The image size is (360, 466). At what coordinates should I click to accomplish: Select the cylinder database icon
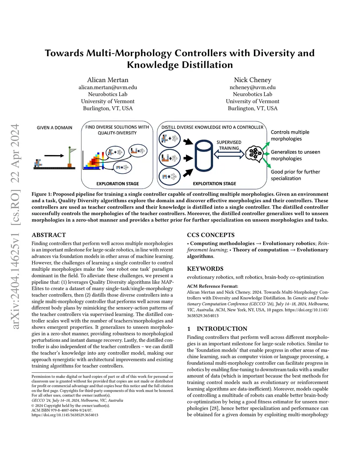point(204,155)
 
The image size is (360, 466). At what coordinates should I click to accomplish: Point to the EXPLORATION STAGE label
point(117,184)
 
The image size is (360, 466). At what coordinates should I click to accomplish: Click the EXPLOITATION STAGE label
point(214,184)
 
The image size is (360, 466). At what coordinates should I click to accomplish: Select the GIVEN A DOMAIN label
point(54,128)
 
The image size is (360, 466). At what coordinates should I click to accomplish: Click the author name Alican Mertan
point(108,80)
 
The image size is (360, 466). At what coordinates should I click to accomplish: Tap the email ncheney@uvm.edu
point(252,87)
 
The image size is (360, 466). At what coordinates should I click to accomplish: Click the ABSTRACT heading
point(49,235)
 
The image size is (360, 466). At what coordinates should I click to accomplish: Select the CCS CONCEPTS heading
point(211,235)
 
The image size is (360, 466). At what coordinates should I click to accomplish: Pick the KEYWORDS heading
point(205,269)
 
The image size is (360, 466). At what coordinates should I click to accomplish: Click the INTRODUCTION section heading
point(222,329)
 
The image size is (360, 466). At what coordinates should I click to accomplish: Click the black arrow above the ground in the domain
point(54,155)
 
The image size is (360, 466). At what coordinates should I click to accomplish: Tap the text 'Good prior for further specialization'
point(295,175)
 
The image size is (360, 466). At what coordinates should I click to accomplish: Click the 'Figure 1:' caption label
point(41,194)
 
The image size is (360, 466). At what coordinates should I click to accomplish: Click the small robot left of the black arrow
point(38,163)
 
